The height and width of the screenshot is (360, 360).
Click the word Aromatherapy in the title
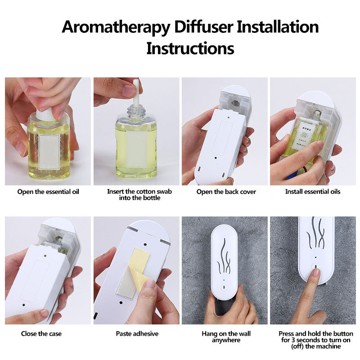(116, 27)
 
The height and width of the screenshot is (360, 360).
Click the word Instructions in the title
(190, 48)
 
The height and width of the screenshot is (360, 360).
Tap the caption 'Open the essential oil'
(48, 192)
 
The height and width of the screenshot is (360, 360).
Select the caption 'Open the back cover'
(226, 192)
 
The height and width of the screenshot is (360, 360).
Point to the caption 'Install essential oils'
(313, 192)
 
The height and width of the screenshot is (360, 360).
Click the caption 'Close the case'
(41, 333)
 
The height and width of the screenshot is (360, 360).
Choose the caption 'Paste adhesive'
(137, 333)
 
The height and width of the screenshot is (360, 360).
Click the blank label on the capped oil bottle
(49, 152)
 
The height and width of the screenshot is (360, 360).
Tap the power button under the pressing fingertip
(316, 267)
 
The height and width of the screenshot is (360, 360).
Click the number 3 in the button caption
(293, 340)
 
